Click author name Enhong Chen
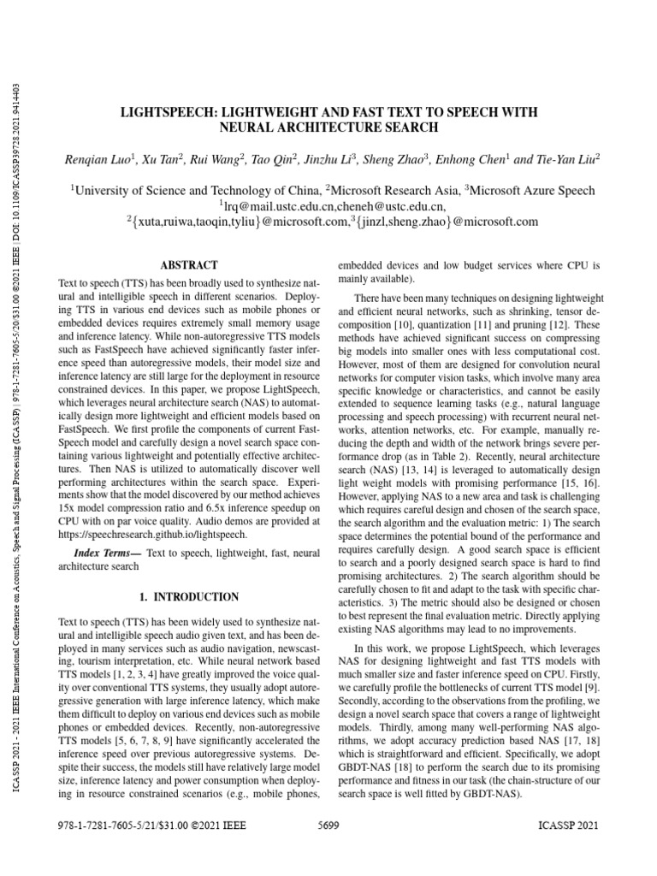pos(473,159)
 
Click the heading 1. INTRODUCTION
pos(189,595)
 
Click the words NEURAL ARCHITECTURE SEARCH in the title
pos(329,127)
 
